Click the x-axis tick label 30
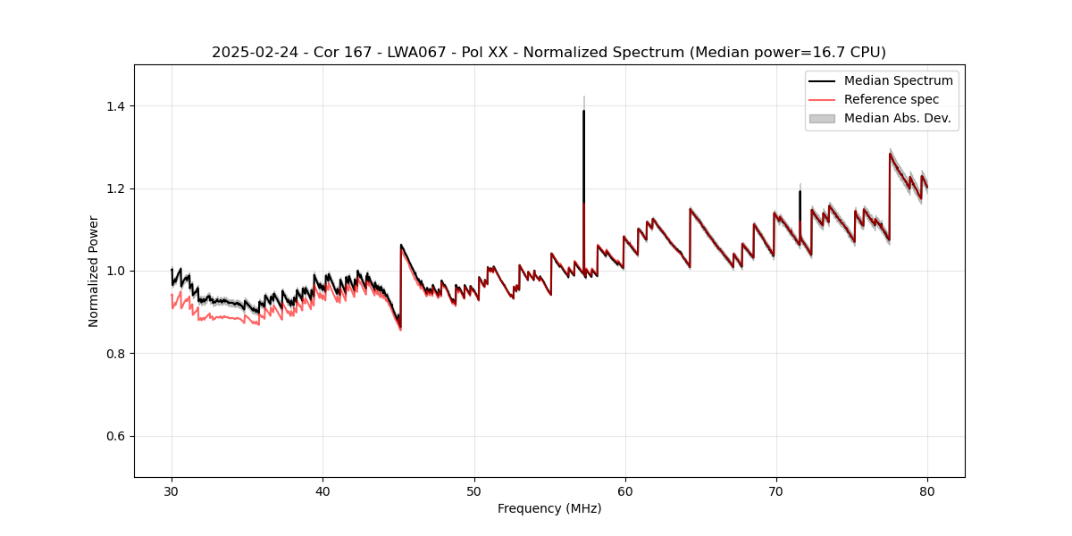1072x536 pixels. pos(172,490)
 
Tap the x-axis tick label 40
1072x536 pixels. pos(322,490)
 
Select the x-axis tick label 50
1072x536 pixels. pos(473,490)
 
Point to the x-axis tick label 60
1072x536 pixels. pos(624,490)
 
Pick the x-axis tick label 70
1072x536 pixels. pos(775,490)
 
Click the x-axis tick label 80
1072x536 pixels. pos(926,490)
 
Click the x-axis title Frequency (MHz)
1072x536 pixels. pos(549,508)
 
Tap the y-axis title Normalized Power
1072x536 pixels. pos(94,271)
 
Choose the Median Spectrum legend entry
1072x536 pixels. pos(898,80)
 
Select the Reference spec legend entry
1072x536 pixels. pos(891,99)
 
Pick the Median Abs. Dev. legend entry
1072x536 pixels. pos(897,118)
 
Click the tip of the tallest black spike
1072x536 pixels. pos(583,111)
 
